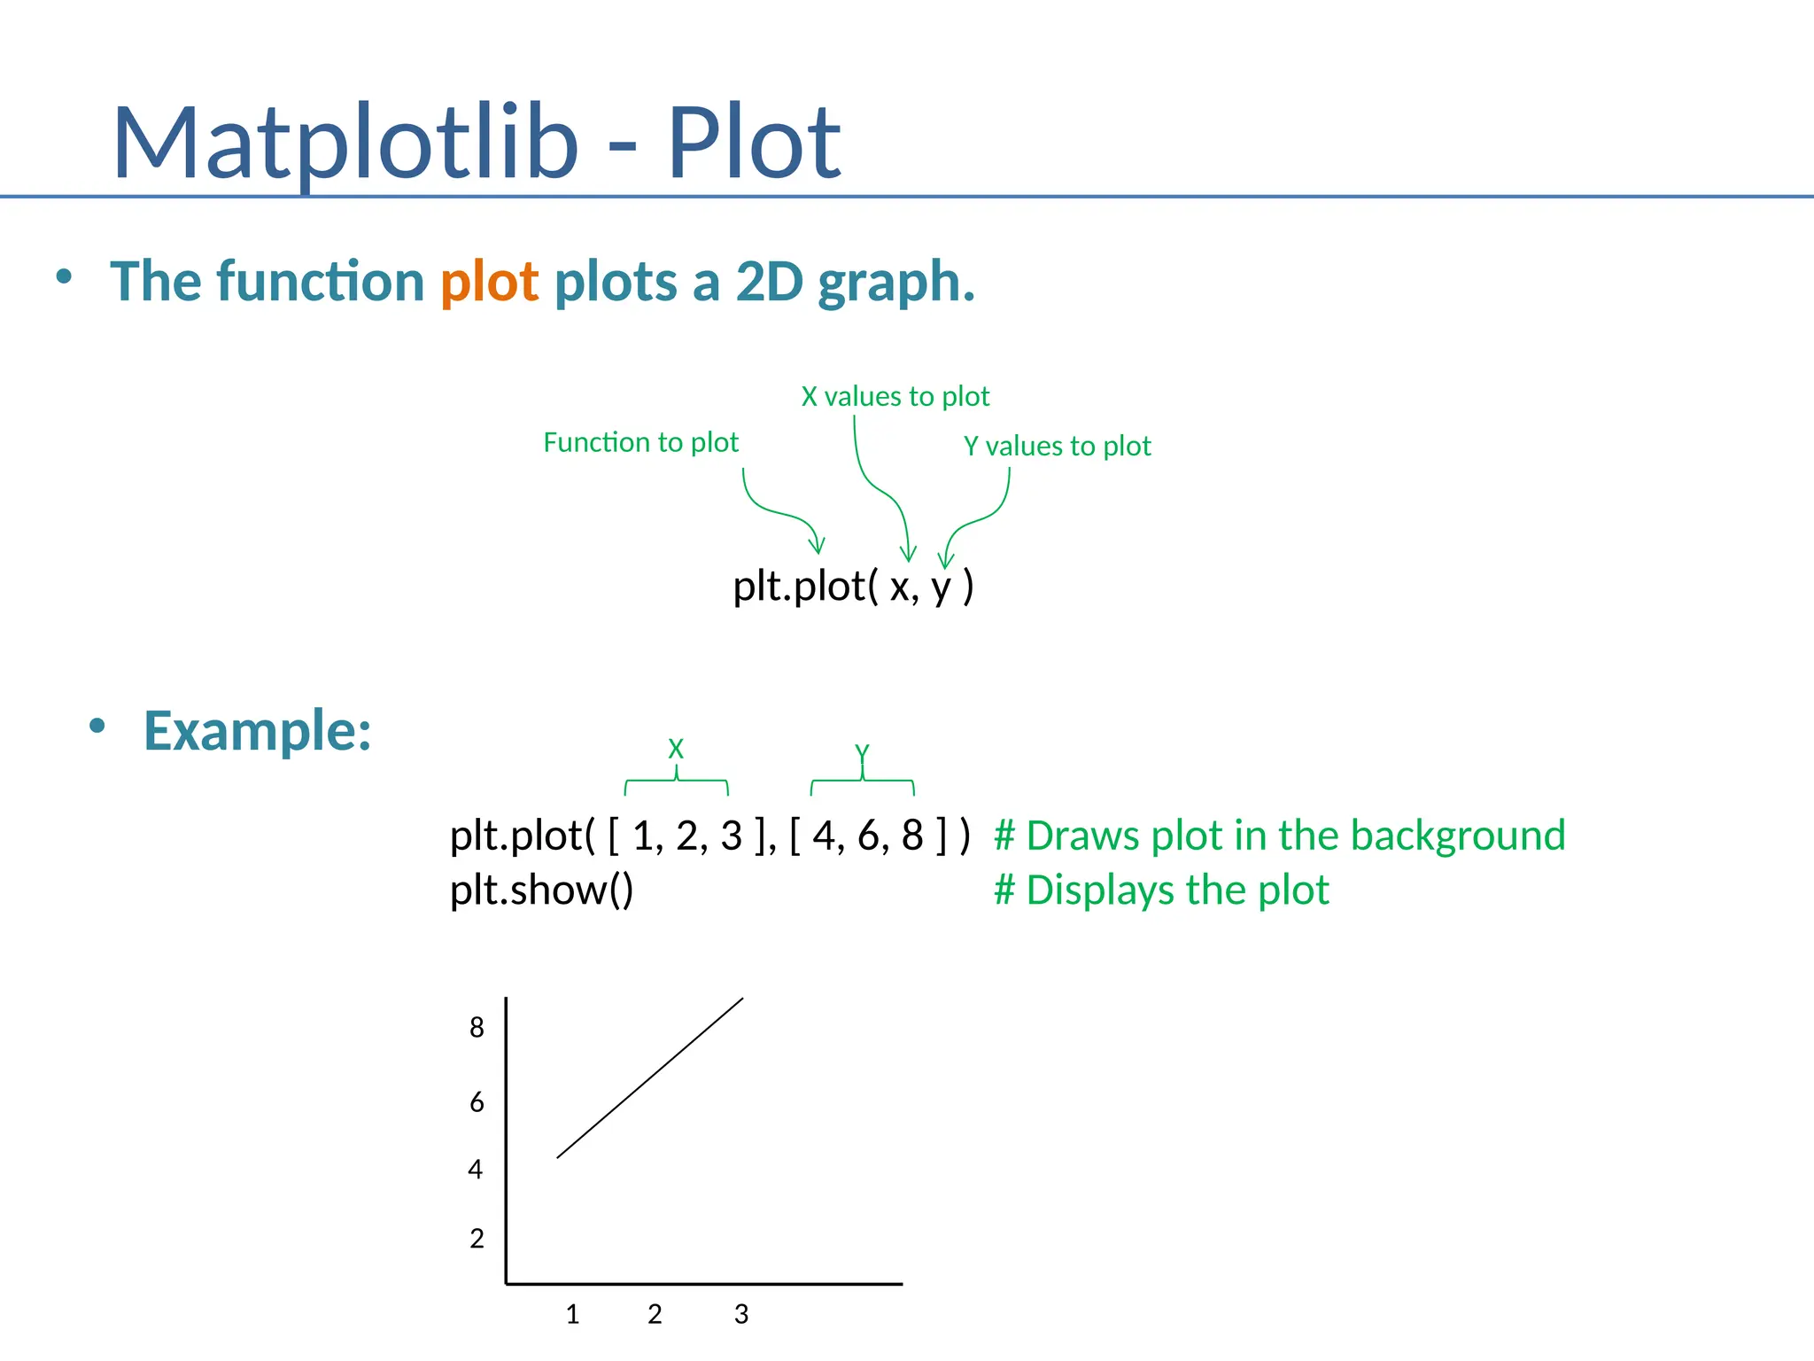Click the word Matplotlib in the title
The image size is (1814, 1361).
coord(345,142)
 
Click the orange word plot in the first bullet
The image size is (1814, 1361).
coord(489,282)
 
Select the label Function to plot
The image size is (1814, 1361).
coord(640,442)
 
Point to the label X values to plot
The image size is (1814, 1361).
coord(895,396)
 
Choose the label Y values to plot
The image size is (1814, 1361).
coord(1057,446)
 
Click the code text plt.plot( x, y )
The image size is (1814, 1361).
coord(853,587)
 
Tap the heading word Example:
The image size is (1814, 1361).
coord(257,731)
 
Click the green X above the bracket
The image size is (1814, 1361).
coord(676,749)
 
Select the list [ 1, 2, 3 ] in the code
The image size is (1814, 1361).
coord(687,836)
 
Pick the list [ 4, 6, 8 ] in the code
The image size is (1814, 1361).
coord(868,836)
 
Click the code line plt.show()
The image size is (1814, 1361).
coord(541,890)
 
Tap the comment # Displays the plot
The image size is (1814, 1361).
coord(1160,890)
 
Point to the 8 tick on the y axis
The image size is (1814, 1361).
coord(477,1028)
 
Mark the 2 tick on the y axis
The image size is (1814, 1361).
coord(477,1239)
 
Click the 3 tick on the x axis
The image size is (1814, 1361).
coord(741,1314)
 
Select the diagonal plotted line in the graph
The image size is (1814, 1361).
coord(650,1077)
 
